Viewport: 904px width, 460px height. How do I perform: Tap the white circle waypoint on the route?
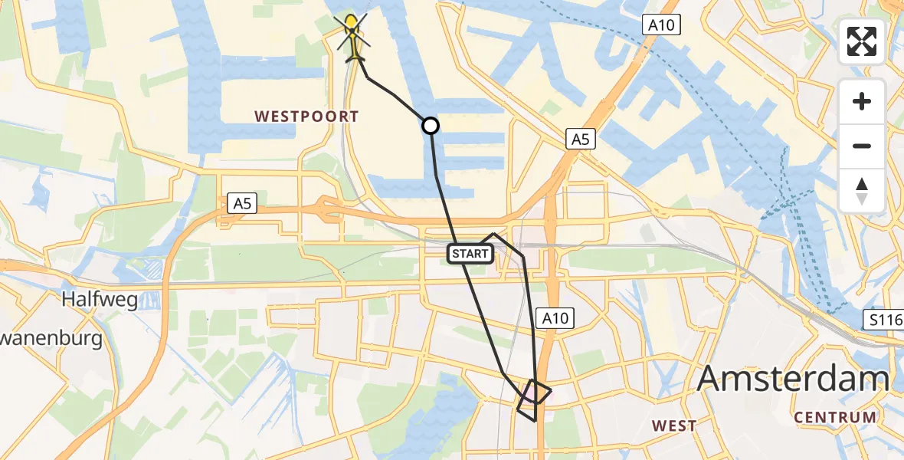tap(431, 125)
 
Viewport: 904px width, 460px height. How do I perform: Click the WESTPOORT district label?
tap(306, 117)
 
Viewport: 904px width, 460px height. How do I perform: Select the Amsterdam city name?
tap(794, 379)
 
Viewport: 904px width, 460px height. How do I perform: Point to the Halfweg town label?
tap(101, 299)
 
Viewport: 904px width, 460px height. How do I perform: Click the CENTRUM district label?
tap(835, 418)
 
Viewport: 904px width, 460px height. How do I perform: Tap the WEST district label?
tap(674, 426)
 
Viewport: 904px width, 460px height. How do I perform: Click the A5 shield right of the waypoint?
tap(580, 139)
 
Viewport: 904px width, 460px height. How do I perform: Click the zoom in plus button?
tap(862, 101)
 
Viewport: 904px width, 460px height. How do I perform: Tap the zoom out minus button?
tap(862, 146)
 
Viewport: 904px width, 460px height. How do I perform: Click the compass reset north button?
tap(862, 190)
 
